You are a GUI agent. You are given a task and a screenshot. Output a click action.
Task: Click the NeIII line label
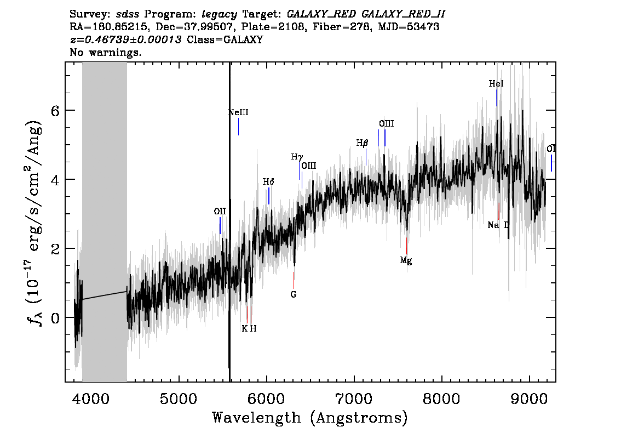tap(238, 112)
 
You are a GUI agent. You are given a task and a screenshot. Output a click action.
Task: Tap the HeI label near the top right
tap(496, 84)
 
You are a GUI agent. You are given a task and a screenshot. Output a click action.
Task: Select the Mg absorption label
tap(406, 260)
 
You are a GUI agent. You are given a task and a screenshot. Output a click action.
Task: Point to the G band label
tap(294, 294)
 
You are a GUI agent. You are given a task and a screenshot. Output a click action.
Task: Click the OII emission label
tap(220, 212)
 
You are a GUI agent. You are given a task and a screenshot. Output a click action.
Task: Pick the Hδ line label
tap(268, 182)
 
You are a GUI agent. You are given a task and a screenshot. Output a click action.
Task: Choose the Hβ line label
tap(363, 143)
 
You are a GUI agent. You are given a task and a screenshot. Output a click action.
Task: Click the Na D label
tap(498, 225)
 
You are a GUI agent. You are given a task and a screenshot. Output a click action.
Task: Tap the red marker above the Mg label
tap(406, 246)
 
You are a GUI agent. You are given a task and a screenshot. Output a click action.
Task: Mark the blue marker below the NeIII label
tap(238, 127)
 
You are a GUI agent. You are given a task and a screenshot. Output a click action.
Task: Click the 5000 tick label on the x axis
tap(179, 399)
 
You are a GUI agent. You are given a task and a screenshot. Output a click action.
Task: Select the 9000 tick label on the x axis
tap(529, 399)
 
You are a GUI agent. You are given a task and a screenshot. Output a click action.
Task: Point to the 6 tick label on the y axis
tap(55, 111)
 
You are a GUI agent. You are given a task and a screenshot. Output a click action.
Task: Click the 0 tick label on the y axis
tap(55, 318)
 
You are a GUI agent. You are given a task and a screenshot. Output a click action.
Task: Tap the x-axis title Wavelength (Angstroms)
tap(310, 418)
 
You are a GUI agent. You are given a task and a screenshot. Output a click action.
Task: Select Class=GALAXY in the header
tap(225, 39)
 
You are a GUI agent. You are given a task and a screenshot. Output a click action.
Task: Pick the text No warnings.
tap(105, 52)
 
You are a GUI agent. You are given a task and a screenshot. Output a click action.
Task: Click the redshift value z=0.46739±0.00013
tap(125, 39)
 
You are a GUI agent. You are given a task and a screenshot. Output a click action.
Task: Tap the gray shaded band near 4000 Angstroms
tap(105, 222)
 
